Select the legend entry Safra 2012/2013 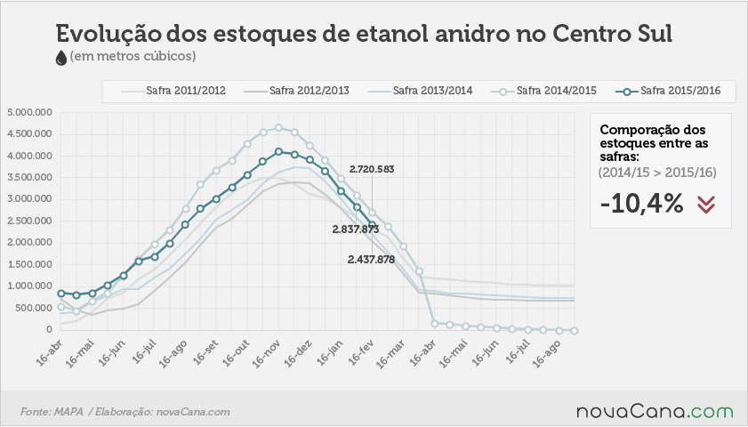(x=296, y=91)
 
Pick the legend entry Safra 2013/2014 (x=420, y=91)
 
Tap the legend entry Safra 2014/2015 (x=543, y=91)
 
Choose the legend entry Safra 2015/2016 (x=667, y=91)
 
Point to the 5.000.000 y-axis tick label (x=29, y=113)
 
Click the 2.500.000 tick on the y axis (x=29, y=221)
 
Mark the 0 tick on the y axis (x=49, y=330)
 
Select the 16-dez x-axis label (x=298, y=353)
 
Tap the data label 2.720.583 (x=372, y=169)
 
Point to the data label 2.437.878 (x=371, y=260)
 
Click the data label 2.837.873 (x=356, y=230)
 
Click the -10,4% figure (x=641, y=204)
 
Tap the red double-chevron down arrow (x=706, y=205)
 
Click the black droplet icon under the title (x=61, y=58)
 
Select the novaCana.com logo (x=655, y=411)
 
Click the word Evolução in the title (x=108, y=34)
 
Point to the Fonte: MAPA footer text (x=52, y=412)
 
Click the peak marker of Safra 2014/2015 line (x=278, y=128)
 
